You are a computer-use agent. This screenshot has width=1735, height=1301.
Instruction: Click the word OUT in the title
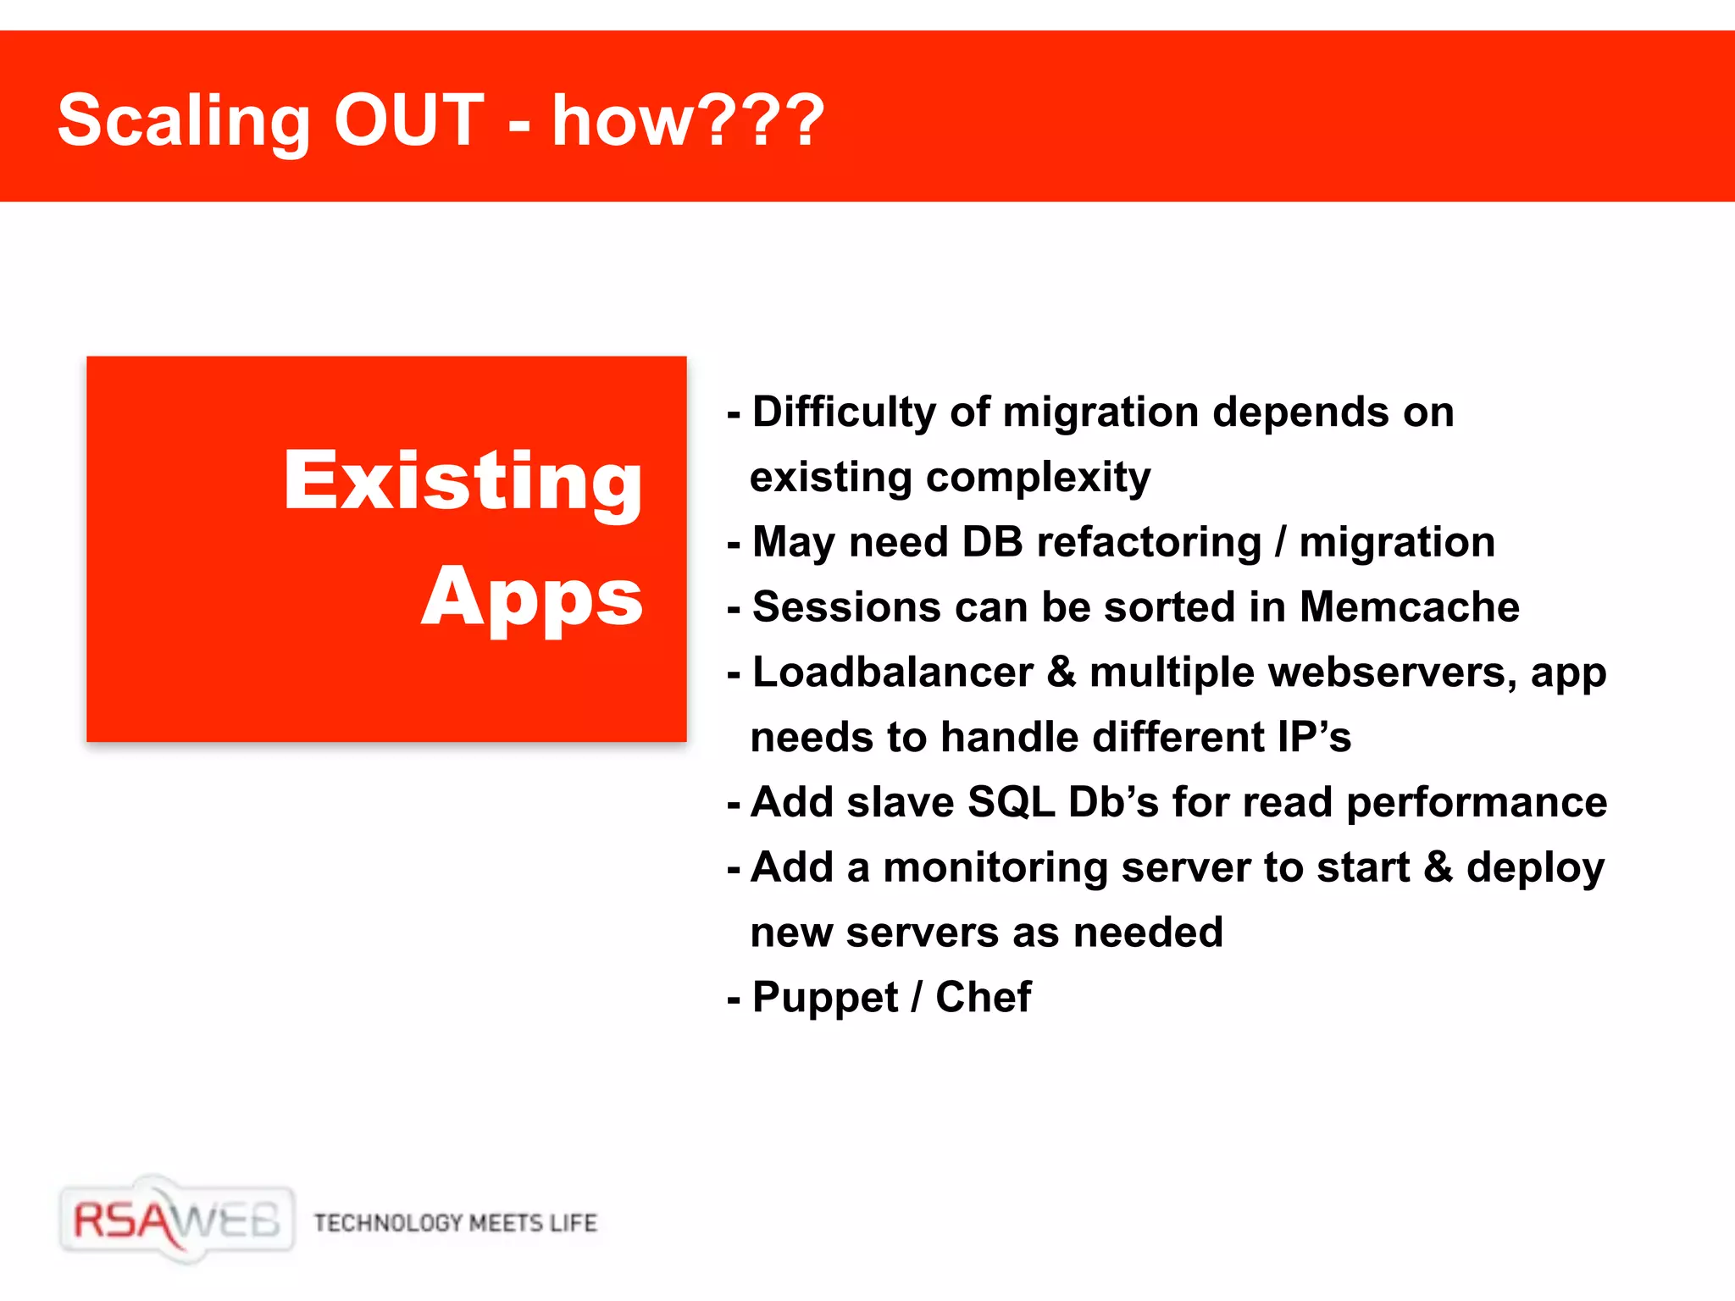[409, 120]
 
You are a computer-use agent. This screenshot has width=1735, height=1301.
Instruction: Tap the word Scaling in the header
[184, 123]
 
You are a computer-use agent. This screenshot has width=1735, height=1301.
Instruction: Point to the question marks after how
[762, 120]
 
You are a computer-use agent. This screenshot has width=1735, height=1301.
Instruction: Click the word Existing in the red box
[463, 481]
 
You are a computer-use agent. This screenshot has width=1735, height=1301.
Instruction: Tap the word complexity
[1039, 478]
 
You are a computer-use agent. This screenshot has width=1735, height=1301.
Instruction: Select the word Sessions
[847, 607]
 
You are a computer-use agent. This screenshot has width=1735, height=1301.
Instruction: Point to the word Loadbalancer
[893, 673]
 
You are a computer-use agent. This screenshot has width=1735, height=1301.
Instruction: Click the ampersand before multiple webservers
[1062, 673]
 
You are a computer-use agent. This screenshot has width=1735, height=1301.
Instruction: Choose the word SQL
[1011, 802]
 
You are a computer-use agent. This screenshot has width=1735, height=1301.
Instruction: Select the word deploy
[1535, 869]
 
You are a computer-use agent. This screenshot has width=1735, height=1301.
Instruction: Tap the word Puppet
[825, 998]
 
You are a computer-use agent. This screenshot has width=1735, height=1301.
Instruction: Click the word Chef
[983, 997]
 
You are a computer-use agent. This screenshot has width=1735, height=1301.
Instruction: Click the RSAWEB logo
[177, 1220]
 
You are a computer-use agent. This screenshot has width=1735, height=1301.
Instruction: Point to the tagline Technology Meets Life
[456, 1223]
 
